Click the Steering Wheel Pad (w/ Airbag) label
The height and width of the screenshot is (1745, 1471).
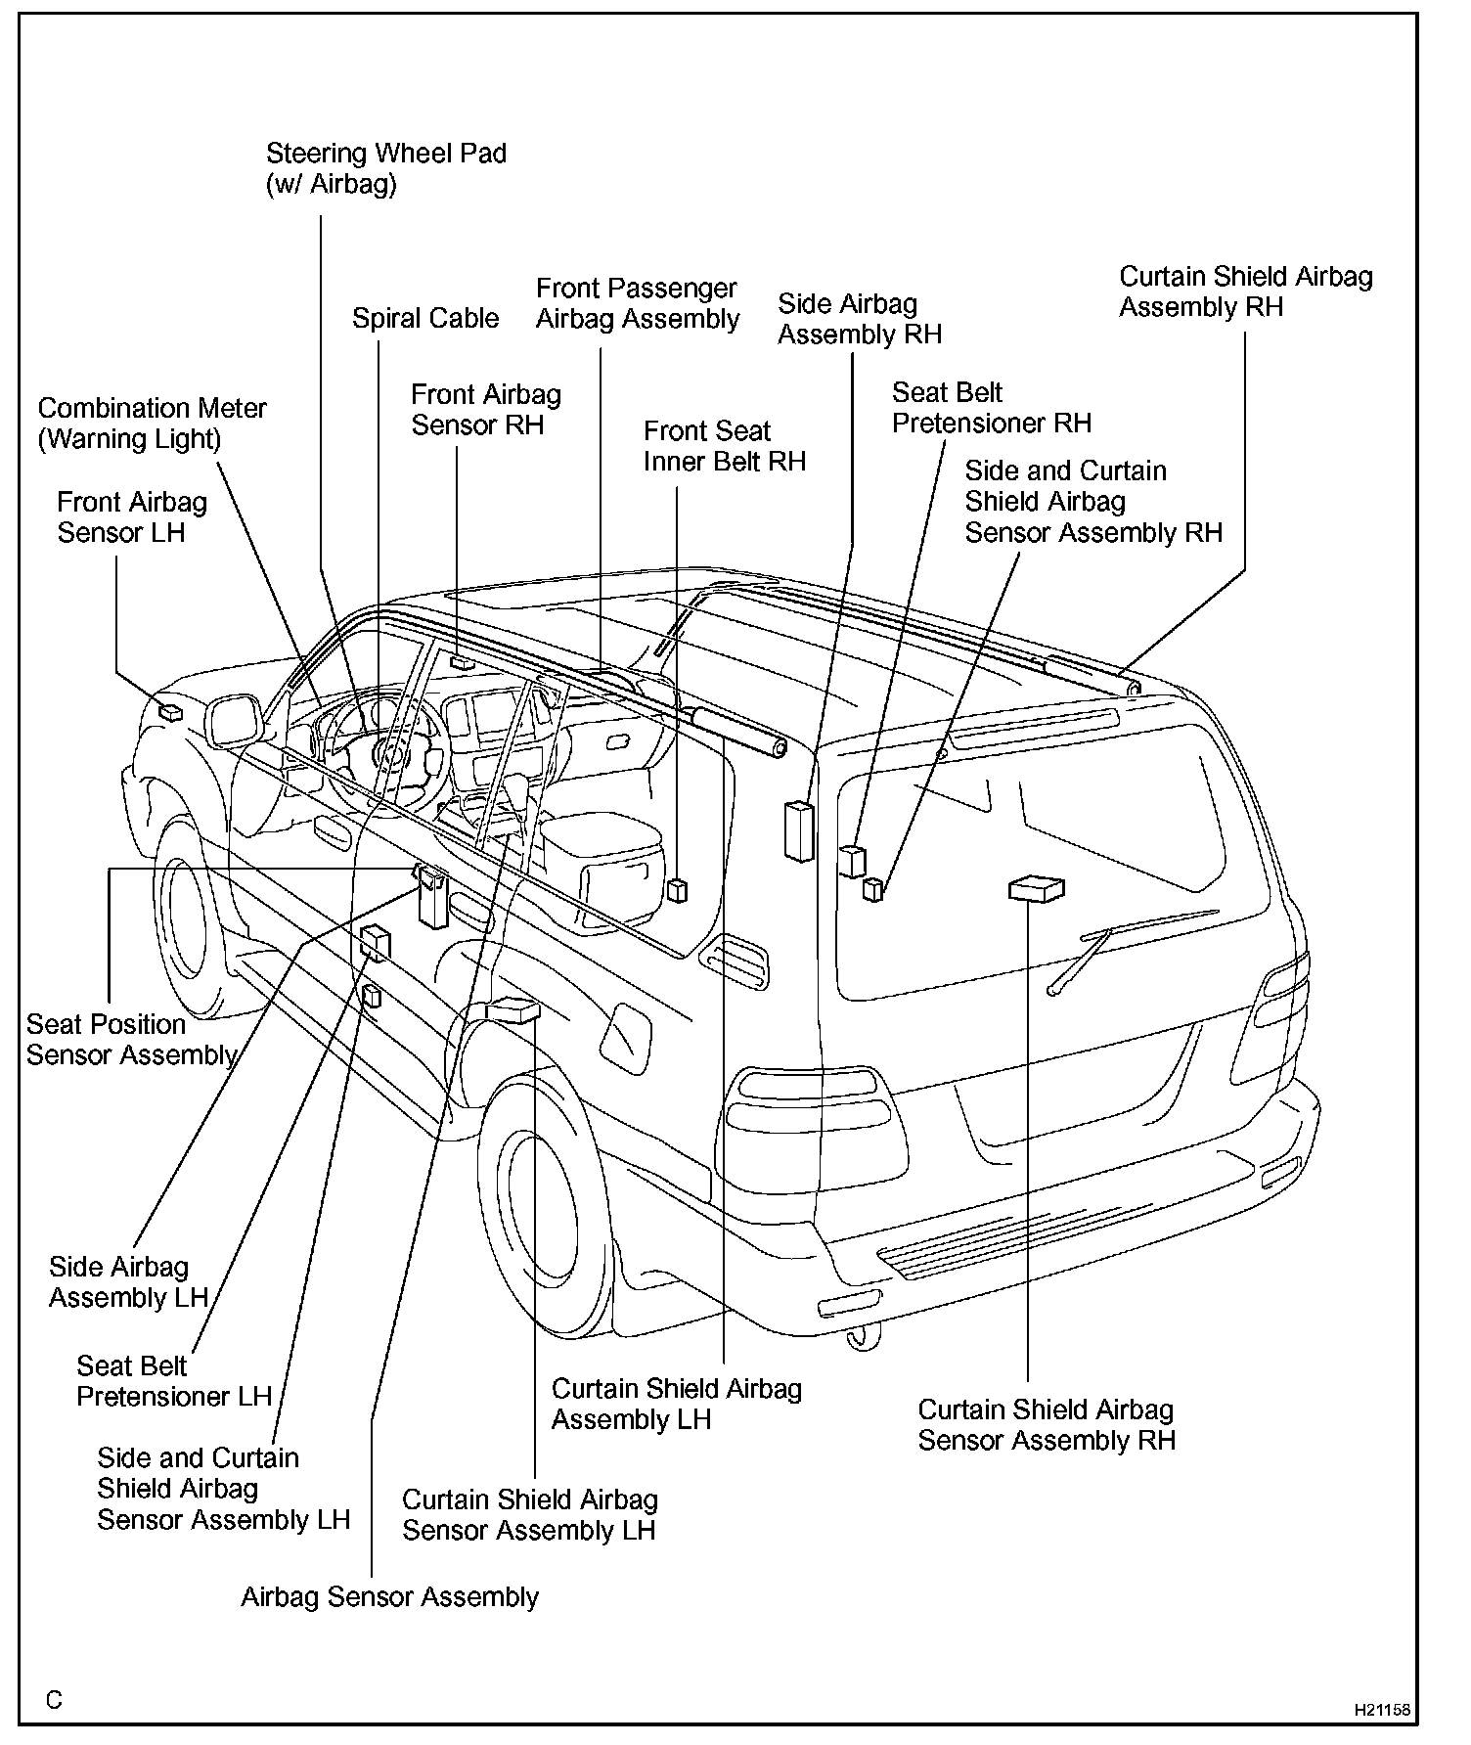click(x=386, y=168)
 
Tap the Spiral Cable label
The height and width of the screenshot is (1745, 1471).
click(x=425, y=318)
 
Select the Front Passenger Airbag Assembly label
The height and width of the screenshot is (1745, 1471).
click(x=638, y=303)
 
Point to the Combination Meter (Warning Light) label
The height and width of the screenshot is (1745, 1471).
click(x=152, y=423)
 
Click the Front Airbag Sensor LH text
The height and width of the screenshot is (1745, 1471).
click(x=132, y=516)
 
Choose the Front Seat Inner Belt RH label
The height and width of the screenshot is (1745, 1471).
click(x=724, y=446)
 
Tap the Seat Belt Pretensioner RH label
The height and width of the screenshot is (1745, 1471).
click(x=991, y=408)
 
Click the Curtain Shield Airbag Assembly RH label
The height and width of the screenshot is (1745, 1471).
click(x=1245, y=291)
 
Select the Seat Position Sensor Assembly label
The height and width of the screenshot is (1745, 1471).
click(x=132, y=1039)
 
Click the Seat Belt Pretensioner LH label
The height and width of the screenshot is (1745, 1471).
click(x=173, y=1380)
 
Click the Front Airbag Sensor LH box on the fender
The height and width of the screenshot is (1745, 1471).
click(x=170, y=712)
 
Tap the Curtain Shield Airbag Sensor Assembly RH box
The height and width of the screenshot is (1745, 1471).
click(x=1036, y=888)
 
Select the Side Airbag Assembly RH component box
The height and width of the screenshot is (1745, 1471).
click(x=799, y=830)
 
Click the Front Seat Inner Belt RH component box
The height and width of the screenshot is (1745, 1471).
click(x=677, y=890)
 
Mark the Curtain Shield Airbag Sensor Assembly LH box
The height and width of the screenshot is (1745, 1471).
click(x=513, y=1010)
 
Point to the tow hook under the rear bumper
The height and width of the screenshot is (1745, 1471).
click(x=863, y=1338)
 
